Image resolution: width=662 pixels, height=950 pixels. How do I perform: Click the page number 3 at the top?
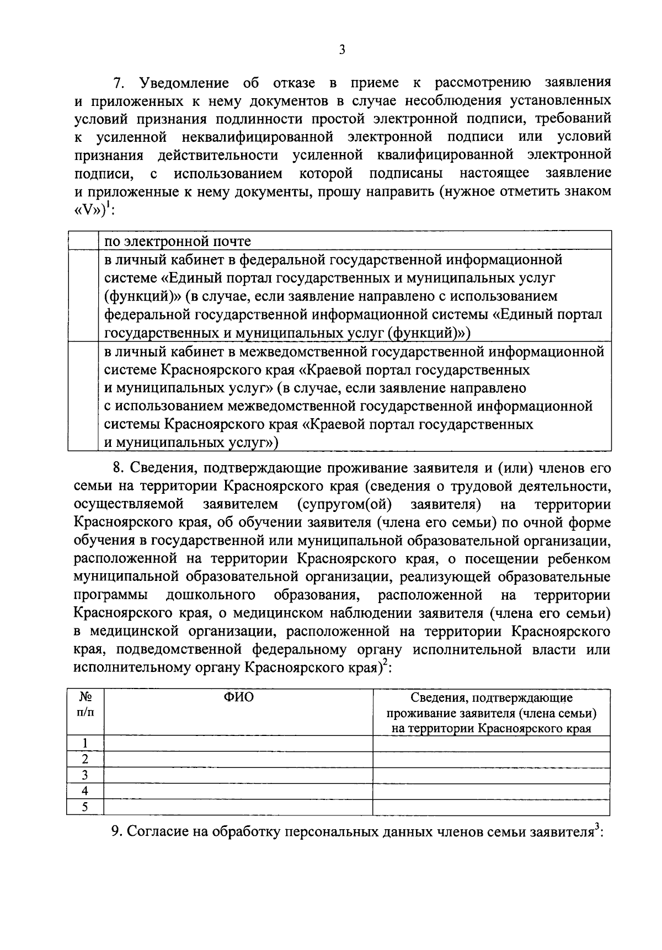(341, 50)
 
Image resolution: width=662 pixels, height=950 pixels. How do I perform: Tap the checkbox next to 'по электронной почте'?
(83, 241)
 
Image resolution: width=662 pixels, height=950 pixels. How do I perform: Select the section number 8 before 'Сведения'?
(116, 468)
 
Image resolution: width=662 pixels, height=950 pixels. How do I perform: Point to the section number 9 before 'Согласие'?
(116, 831)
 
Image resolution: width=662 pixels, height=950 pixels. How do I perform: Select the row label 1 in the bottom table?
(85, 744)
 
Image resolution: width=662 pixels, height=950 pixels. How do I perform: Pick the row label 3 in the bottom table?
(85, 776)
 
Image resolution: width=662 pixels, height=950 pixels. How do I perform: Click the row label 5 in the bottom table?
(85, 808)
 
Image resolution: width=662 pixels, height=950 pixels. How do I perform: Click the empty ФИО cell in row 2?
(238, 760)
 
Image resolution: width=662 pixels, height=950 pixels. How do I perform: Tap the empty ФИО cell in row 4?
(238, 792)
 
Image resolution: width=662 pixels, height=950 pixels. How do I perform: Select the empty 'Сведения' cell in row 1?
(491, 744)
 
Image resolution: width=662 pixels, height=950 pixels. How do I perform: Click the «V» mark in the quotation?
(90, 211)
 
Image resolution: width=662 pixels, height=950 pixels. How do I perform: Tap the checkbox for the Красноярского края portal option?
(83, 397)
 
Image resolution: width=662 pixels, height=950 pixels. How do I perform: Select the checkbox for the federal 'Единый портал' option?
(83, 296)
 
